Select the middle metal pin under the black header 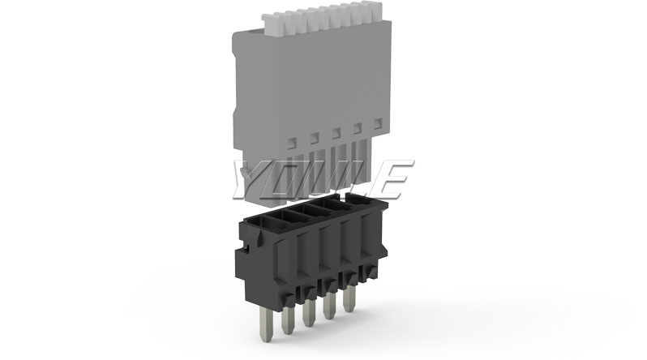tap(307, 313)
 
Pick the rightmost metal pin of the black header tap(350, 299)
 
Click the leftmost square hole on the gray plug tap(292, 142)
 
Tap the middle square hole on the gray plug tap(336, 132)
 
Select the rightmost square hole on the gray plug tap(378, 122)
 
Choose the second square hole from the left tap(314, 137)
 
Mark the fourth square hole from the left tap(357, 127)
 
